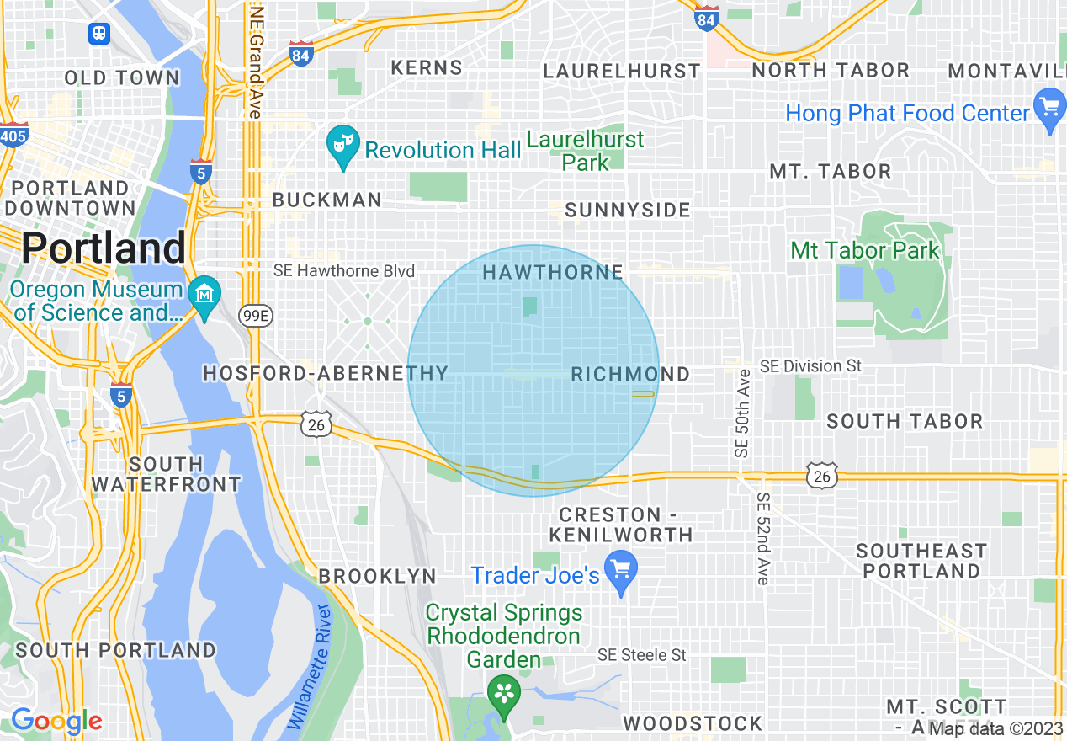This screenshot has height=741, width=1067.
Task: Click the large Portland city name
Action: coord(103,248)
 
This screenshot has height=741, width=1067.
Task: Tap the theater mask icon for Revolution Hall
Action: coord(342,144)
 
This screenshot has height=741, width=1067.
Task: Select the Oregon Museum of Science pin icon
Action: coord(204,297)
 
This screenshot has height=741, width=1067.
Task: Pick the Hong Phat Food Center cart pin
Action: coord(1048,109)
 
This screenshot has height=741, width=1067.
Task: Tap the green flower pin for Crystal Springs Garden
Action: coord(503,696)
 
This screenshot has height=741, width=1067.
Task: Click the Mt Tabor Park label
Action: coord(864,251)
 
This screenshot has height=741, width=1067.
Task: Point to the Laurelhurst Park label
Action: coord(586,151)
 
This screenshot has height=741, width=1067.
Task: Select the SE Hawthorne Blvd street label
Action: coord(344,271)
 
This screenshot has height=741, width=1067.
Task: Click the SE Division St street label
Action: coord(811,366)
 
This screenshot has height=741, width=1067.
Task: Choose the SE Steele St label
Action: coord(641,655)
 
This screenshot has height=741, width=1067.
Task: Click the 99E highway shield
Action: coord(250,315)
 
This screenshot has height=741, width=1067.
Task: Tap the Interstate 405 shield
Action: coord(14,135)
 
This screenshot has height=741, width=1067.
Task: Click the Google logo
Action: coord(56,721)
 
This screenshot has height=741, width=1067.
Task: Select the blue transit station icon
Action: coord(99,34)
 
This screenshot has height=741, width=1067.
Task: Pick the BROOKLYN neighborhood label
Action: coord(377,577)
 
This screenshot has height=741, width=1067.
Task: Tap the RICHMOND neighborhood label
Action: coord(630,375)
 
